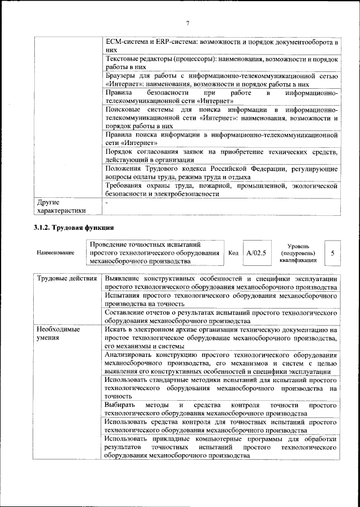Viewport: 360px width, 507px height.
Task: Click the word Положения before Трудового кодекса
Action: (x=124, y=169)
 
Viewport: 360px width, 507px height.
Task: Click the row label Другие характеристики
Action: (x=61, y=206)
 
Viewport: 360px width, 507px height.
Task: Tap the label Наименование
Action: (x=55, y=254)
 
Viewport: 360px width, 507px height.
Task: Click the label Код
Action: (x=233, y=254)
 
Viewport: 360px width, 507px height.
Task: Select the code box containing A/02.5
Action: (x=256, y=254)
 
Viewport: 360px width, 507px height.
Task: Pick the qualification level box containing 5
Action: (x=334, y=254)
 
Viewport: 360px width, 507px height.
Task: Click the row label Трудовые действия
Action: (x=65, y=279)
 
